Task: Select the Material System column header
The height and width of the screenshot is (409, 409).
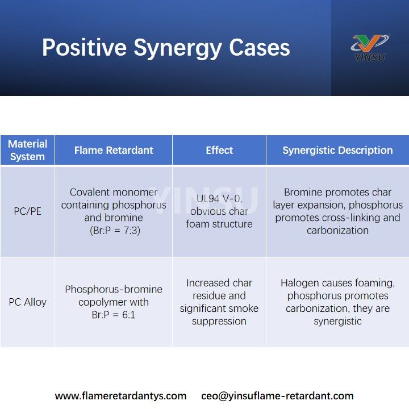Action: [x=27, y=150]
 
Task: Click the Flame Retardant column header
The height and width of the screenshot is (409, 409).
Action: [x=114, y=151]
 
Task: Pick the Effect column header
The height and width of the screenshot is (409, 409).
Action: [x=219, y=151]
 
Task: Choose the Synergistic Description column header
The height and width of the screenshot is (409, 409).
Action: [x=337, y=151]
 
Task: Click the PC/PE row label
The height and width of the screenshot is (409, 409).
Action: [x=27, y=211]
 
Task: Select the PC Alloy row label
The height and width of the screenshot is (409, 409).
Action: [x=27, y=302]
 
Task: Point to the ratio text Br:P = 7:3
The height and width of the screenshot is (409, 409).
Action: [x=114, y=231]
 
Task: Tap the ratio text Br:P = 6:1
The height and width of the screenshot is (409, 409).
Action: [x=114, y=315]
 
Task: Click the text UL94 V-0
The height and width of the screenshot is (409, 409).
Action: [x=219, y=199]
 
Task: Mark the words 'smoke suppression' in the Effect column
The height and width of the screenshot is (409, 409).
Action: [x=219, y=315]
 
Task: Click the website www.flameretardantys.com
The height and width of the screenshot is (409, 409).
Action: [x=120, y=396]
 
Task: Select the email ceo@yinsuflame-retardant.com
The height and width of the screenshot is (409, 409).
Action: [x=277, y=396]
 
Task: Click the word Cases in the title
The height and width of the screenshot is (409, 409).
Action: [x=260, y=48]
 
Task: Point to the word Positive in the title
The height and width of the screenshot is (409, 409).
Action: [x=85, y=48]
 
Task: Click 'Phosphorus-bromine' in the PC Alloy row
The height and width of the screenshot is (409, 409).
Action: [x=114, y=289]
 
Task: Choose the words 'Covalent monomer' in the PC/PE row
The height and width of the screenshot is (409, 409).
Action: [x=114, y=193]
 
